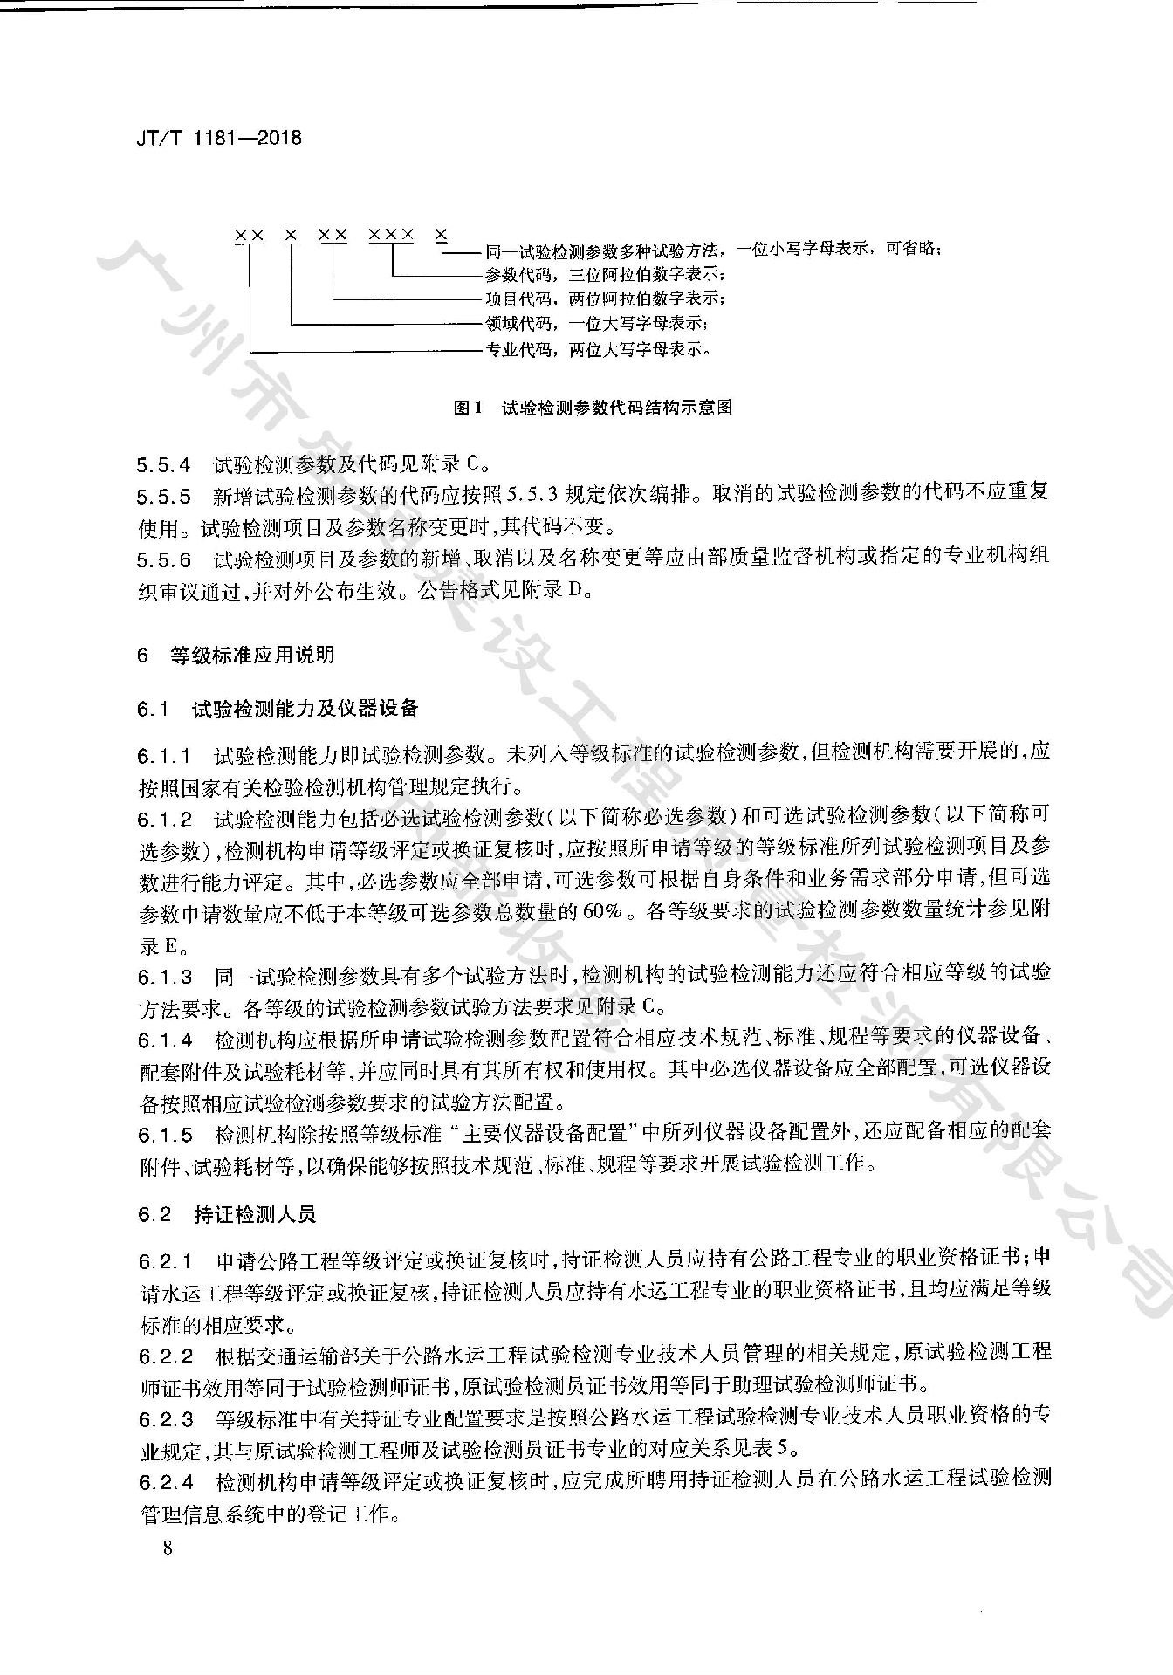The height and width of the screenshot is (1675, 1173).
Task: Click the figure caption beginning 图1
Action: pos(593,408)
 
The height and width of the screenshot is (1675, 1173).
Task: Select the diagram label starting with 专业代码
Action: pos(598,351)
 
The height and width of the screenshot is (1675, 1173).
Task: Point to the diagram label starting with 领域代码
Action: pos(596,325)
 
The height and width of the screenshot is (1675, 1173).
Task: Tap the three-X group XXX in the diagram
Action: pos(390,235)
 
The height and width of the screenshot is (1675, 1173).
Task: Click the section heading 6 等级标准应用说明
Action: pos(236,656)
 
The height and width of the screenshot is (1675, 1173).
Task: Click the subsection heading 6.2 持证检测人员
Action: pos(226,1214)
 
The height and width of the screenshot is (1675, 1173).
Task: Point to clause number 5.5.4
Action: pos(163,465)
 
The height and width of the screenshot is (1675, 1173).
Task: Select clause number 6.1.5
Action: pos(165,1135)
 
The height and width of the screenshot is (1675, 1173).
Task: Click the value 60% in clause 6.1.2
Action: pos(602,912)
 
